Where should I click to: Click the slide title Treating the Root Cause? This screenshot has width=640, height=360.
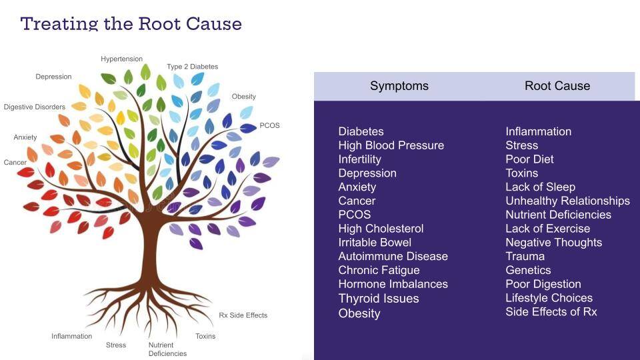pos(131,24)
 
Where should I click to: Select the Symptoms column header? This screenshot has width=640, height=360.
pos(399,86)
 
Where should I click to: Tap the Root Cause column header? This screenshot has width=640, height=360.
pos(557,86)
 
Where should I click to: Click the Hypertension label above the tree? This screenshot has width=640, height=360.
pos(121,59)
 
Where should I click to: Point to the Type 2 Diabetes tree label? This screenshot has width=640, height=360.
pos(192,67)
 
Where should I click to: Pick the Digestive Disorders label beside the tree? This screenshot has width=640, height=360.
pos(35,107)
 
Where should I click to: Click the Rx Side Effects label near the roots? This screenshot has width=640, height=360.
pos(243,315)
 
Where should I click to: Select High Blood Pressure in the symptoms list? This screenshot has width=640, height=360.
pos(391,145)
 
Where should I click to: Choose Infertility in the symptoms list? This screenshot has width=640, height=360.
pos(359,159)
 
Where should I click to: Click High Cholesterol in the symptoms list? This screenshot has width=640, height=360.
pos(381,229)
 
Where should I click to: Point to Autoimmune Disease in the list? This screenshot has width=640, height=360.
pos(393,257)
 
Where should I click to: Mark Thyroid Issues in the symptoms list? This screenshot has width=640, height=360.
pos(378,299)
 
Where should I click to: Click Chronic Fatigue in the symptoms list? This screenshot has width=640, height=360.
pos(379,271)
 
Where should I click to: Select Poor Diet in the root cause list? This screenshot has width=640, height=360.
pos(529,159)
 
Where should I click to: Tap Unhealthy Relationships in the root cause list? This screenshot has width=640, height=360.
pos(567,201)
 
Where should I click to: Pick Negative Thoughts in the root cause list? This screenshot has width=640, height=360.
pos(553,243)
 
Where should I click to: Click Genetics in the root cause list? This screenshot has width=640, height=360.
pos(528,271)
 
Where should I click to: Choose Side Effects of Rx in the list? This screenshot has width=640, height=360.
pos(551,312)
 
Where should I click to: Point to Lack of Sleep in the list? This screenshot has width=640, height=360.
pos(540,187)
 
